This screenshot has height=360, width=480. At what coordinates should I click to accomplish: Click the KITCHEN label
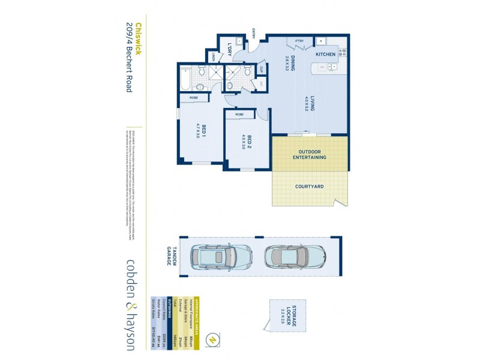pyautogui.click(x=326, y=55)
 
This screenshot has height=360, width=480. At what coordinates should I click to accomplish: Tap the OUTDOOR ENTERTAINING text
pyautogui.click(x=310, y=154)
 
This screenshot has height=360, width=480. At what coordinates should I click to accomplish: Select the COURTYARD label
pyautogui.click(x=310, y=187)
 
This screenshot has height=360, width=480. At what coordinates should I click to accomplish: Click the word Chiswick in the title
pyautogui.click(x=137, y=39)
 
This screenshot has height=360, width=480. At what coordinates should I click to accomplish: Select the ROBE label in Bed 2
pyautogui.click(x=239, y=114)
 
